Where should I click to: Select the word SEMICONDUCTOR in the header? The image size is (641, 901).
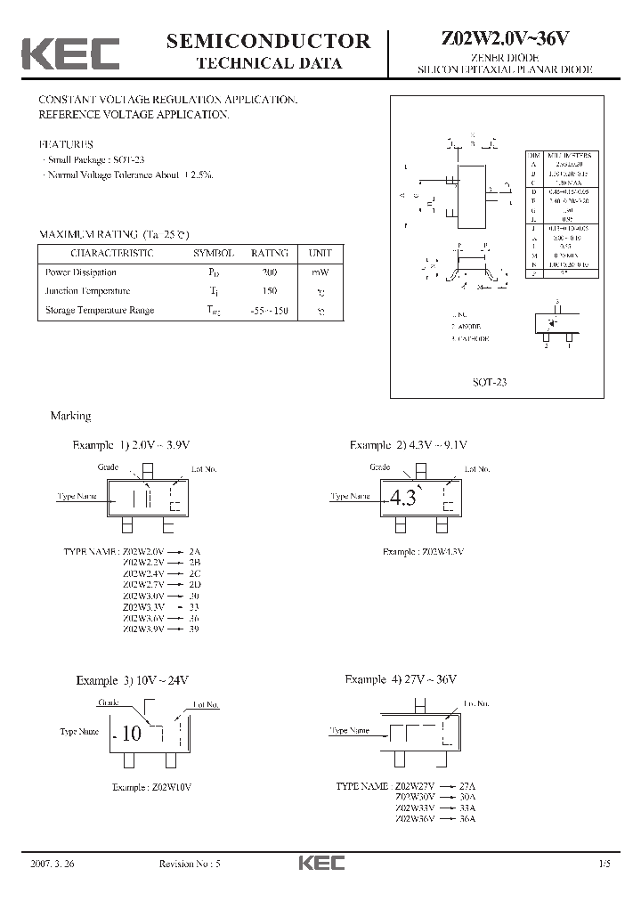click(x=269, y=40)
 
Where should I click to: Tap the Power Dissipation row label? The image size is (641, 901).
click(x=81, y=272)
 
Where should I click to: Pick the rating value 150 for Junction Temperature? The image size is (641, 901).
click(x=270, y=291)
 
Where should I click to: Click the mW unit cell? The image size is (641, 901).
click(x=320, y=272)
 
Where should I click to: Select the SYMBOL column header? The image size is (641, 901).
click(x=214, y=254)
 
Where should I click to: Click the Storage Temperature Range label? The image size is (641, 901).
click(x=100, y=310)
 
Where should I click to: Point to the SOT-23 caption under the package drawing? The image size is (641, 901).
click(x=490, y=382)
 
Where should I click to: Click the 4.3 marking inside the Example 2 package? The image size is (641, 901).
click(x=402, y=499)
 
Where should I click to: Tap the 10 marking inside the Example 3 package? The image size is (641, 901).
click(x=131, y=734)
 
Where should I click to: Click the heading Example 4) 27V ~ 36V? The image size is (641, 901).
click(x=401, y=679)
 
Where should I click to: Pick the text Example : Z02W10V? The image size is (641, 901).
click(x=152, y=787)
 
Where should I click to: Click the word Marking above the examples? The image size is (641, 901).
click(x=70, y=416)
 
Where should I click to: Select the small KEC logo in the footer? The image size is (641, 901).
click(x=320, y=863)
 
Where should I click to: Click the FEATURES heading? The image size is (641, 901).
click(x=66, y=143)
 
